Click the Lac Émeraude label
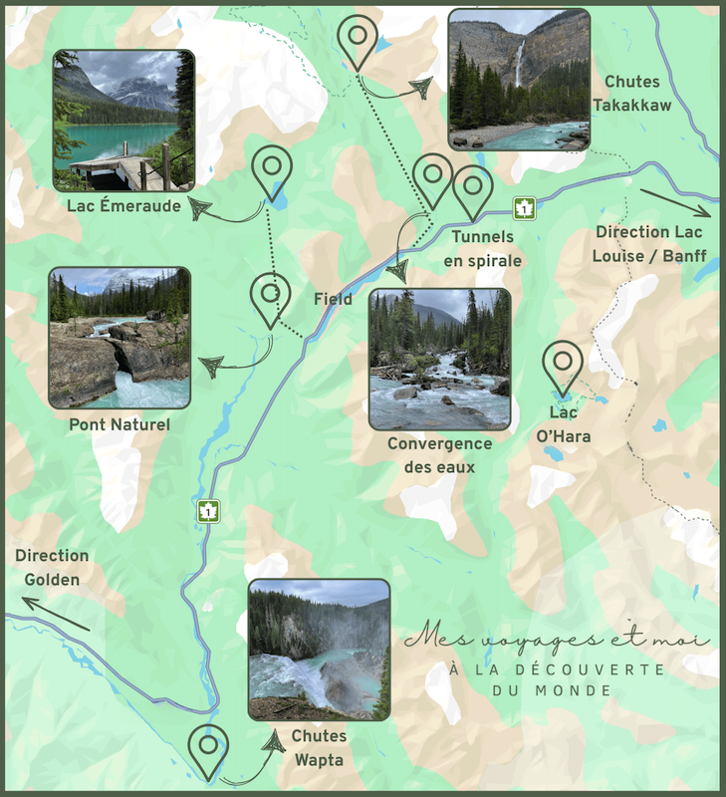coord(124,207)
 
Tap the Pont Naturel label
coord(120,425)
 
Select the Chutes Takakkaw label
coord(637,93)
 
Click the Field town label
coord(333,299)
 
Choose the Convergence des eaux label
coord(439,455)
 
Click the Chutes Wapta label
coord(320,748)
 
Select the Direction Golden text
coord(52,568)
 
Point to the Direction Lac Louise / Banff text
coord(649,244)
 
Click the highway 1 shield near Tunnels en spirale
coord(525,208)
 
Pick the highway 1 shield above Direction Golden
coord(208,511)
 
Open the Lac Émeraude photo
coord(123,121)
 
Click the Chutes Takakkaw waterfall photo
coord(518,80)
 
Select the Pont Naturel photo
coord(120,338)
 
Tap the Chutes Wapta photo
coord(319,650)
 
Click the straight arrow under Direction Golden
coord(57,614)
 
